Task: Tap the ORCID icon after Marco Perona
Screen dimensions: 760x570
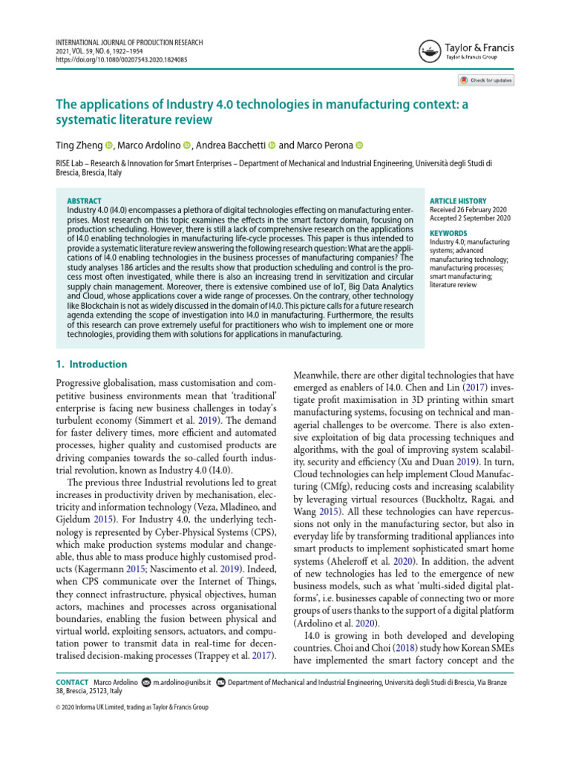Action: [359, 145]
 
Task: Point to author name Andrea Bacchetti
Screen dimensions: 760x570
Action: [230, 145]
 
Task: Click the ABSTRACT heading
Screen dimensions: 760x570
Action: [84, 201]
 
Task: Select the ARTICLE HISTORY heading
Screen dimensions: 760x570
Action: [458, 201]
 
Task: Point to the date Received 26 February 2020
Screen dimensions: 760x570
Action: [469, 210]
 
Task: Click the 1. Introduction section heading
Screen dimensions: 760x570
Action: [93, 364]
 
